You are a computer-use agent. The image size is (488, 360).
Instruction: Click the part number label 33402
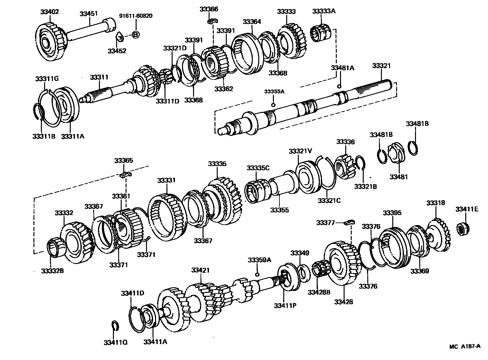point(49,12)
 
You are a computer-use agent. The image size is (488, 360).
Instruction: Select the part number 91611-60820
point(136,16)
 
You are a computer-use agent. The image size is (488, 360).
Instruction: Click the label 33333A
point(323,11)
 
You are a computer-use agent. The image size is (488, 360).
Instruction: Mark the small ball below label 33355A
point(273,105)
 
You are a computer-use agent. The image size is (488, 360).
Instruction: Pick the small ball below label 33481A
point(339,86)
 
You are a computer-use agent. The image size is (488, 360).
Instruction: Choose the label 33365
point(124,161)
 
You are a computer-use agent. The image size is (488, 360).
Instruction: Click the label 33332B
point(52,270)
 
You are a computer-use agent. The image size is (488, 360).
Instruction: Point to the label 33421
point(200,270)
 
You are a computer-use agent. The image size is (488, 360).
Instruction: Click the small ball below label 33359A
point(257,274)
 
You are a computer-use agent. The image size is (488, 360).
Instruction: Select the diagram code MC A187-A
point(465,346)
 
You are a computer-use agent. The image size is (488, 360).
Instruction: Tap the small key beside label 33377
point(350,222)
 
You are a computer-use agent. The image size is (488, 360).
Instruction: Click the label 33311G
point(47,79)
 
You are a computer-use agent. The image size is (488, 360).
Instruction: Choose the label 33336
point(345,142)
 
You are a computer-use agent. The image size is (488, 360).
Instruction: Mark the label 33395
point(392,213)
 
